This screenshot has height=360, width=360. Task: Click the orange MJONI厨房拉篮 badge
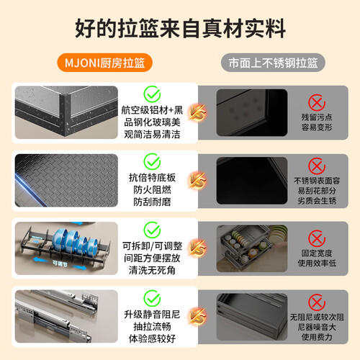(x=104, y=63)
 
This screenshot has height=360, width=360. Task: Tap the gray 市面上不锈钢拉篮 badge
(x=273, y=63)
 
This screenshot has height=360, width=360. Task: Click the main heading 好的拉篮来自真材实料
(x=180, y=28)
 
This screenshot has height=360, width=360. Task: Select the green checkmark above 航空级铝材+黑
(x=152, y=94)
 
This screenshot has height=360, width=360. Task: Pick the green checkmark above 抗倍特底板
(x=152, y=161)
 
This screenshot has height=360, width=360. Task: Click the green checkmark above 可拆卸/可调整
(x=152, y=230)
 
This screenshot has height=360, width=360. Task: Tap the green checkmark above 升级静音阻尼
(x=152, y=298)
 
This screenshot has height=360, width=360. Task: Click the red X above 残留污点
(x=317, y=103)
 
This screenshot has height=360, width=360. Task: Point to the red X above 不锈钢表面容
(x=317, y=166)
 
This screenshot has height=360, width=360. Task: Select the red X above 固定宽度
(x=317, y=238)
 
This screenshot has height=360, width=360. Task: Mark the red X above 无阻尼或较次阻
(x=317, y=302)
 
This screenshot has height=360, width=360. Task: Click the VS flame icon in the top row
(x=197, y=112)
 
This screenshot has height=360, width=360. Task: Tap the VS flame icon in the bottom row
(x=197, y=316)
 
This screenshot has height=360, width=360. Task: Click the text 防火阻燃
(x=152, y=190)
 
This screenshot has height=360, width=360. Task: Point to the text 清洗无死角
(x=152, y=270)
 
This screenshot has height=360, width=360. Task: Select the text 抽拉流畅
(x=152, y=326)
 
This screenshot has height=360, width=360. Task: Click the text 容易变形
(x=317, y=127)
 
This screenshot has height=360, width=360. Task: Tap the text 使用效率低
(x=317, y=263)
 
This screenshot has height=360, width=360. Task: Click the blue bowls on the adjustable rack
(x=75, y=240)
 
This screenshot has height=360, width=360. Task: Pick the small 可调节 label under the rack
(x=60, y=264)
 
